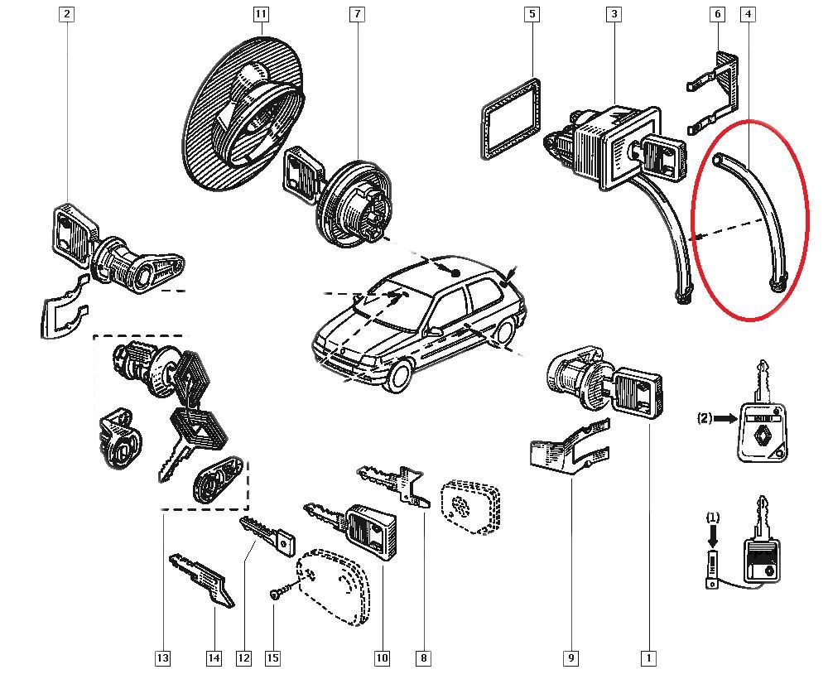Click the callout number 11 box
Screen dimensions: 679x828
click(261, 14)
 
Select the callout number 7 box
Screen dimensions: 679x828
click(357, 14)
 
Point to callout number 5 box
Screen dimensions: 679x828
click(532, 14)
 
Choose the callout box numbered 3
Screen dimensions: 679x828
click(614, 14)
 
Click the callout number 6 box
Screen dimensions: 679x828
click(717, 14)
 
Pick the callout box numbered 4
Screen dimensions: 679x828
click(749, 14)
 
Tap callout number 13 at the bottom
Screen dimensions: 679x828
click(162, 658)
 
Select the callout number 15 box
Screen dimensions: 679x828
click(272, 658)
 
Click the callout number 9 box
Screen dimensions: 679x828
click(570, 658)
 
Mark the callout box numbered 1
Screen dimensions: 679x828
click(648, 658)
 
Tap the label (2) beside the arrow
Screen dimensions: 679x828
click(705, 419)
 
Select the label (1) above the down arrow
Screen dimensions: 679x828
click(713, 518)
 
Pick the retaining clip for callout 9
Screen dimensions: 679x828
click(569, 451)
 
